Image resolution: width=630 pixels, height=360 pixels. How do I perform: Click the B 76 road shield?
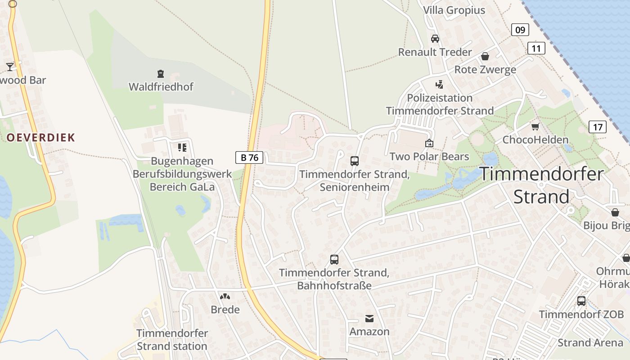point(249,157)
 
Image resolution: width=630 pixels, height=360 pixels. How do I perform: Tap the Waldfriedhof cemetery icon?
point(160,74)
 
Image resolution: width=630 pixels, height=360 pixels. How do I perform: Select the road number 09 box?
point(520,30)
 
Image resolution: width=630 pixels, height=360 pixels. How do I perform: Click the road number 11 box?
point(536,48)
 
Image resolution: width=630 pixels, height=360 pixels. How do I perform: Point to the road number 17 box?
point(597,127)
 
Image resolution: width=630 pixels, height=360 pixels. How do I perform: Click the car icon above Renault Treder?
point(435,39)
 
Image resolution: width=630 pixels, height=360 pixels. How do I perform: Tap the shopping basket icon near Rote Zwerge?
point(485,56)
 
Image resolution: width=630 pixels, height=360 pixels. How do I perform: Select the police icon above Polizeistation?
point(439,84)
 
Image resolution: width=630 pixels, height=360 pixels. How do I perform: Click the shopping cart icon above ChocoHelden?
point(535,126)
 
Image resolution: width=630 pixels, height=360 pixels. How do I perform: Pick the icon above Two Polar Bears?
point(429,143)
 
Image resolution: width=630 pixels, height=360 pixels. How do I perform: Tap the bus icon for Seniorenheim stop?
point(355,161)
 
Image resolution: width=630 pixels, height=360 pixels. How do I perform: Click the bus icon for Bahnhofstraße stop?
point(334,259)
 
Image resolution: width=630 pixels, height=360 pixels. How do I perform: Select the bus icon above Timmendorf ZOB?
point(581,301)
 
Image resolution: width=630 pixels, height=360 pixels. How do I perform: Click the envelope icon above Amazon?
point(369,319)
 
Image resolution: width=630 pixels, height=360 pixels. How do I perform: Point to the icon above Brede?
point(225,297)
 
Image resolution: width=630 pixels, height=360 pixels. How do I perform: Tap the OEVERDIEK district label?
point(40,138)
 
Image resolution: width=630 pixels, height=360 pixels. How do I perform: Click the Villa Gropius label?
point(454,10)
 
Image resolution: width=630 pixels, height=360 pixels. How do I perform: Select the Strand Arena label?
point(590,342)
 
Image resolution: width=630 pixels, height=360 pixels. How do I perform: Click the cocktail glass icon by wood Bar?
point(9,67)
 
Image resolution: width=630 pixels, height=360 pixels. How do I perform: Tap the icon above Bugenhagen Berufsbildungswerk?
point(182,147)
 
